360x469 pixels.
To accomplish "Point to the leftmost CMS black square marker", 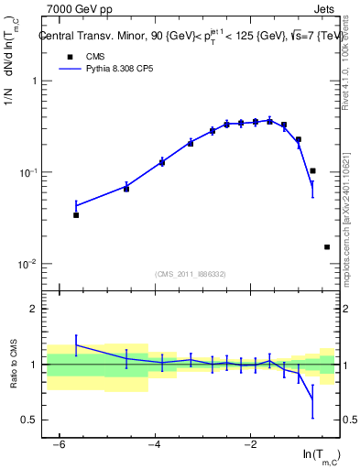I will pyautogui.click(x=76, y=215).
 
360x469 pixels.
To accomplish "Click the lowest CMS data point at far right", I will pyautogui.click(x=327, y=246).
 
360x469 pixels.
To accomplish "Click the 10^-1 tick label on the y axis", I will pyautogui.click(x=27, y=173).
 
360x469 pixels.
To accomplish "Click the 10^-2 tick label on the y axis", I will pyautogui.click(x=27, y=264).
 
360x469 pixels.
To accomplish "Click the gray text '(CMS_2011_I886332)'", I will pyautogui.click(x=190, y=273).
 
